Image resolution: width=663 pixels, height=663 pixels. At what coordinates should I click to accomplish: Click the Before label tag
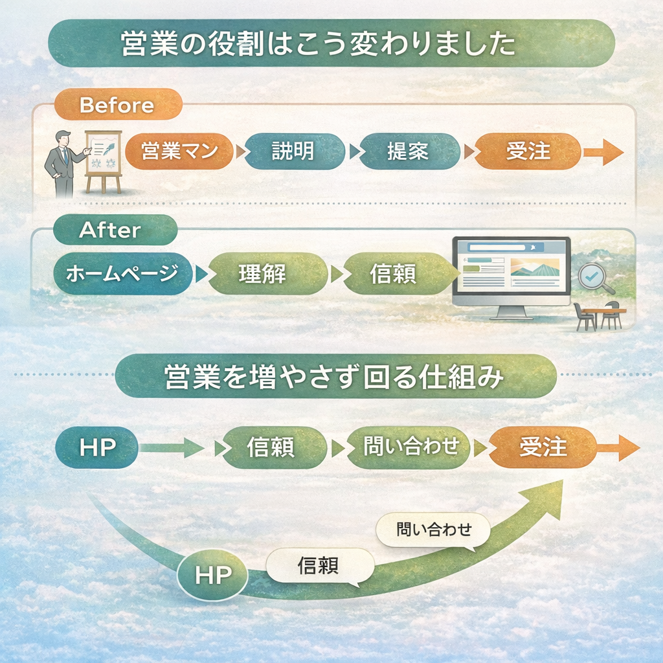117,105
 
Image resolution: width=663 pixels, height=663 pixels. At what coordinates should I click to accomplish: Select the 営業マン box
178,152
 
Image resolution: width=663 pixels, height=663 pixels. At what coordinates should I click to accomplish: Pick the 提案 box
407,152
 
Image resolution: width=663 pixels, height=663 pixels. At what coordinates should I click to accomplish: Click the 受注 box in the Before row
528,152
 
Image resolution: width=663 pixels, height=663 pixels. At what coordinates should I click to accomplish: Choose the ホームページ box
121,274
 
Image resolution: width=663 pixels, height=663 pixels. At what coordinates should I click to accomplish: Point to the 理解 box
262,274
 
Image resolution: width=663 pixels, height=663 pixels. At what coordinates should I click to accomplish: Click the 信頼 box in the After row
393,274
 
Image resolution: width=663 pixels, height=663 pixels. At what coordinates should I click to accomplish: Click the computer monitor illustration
510,275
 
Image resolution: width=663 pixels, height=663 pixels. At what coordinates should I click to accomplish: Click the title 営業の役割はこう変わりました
330,43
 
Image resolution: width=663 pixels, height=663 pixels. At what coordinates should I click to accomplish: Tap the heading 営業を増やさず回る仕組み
335,376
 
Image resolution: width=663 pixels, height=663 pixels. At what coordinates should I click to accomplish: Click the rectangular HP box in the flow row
97,447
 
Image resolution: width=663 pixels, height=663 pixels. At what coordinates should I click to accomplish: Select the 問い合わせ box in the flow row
410,447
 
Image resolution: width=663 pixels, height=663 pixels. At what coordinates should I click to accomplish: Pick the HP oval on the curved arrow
212,574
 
